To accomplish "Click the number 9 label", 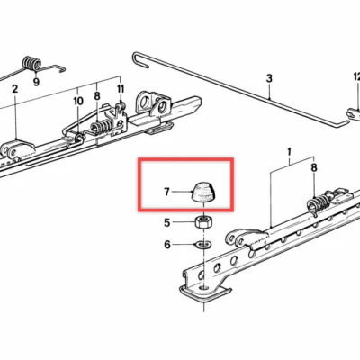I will pyautogui.click(x=37, y=80).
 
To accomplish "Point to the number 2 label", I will pyautogui.click(x=15, y=89).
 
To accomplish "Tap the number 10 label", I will pyautogui.click(x=78, y=102).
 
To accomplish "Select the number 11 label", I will pyautogui.click(x=121, y=91).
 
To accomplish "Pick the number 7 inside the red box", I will pyautogui.click(x=166, y=192).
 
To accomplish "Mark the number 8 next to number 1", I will pyautogui.click(x=314, y=169).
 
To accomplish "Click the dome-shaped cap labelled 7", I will pyautogui.click(x=205, y=192).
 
